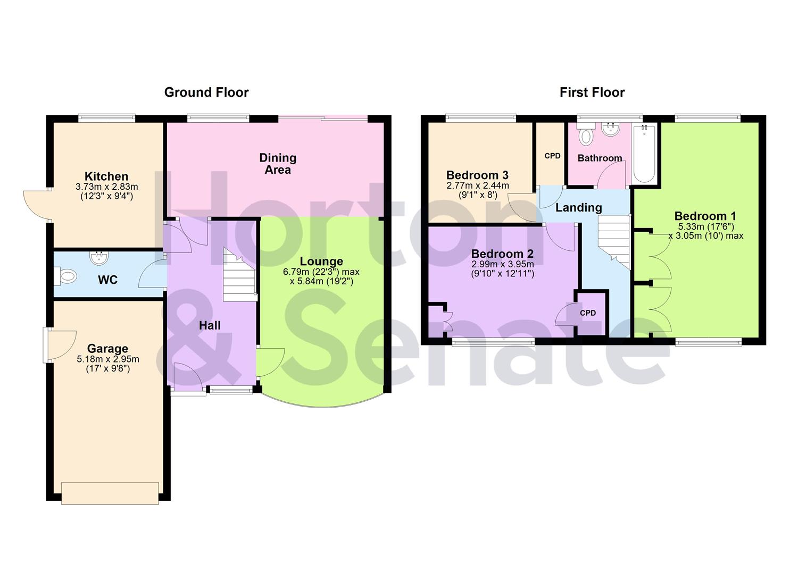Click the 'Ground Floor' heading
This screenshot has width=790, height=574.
(x=206, y=92)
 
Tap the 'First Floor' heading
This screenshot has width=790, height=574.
(x=592, y=92)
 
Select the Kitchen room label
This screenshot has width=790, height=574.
(x=106, y=176)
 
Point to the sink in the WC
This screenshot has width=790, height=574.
(x=99, y=258)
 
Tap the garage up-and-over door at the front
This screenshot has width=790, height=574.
(x=110, y=493)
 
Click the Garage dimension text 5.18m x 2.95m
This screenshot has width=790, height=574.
(x=108, y=359)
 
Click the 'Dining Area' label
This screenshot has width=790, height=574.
(x=278, y=164)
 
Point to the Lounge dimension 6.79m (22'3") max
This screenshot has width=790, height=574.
(x=321, y=272)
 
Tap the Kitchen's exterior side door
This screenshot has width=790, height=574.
(x=36, y=205)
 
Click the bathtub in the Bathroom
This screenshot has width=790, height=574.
(x=644, y=153)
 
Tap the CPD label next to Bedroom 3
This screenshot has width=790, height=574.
(x=552, y=156)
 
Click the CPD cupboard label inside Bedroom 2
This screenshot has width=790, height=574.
(x=588, y=313)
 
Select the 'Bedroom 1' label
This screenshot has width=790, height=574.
(x=705, y=216)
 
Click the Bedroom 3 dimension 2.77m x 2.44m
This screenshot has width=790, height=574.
(x=477, y=185)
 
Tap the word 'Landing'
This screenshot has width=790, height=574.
(x=578, y=208)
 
